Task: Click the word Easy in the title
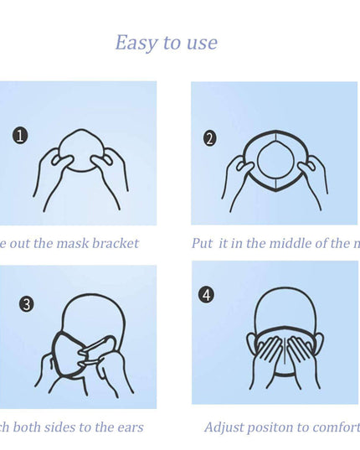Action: click(135, 43)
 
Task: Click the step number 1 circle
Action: click(21, 134)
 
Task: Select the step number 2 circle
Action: click(210, 138)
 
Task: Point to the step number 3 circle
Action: click(27, 303)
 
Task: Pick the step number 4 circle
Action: click(206, 295)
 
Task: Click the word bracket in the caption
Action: click(112, 244)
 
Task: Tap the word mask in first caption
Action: click(67, 244)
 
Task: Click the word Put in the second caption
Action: click(202, 244)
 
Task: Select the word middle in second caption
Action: click(287, 244)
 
